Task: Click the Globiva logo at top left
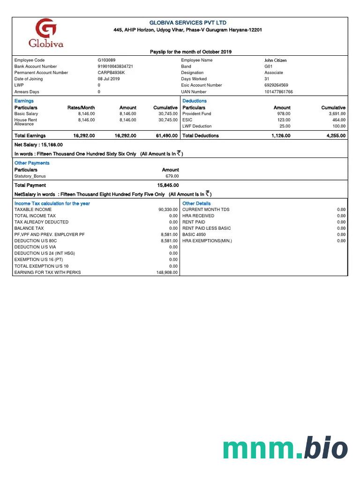[46, 34]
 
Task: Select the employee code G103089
[106, 60]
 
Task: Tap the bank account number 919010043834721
[115, 67]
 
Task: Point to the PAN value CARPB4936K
[111, 73]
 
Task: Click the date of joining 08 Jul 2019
[109, 79]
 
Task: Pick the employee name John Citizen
[276, 60]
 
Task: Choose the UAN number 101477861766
[278, 92]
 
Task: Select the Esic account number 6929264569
[277, 85]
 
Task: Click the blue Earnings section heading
[24, 101]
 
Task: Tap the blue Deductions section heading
[195, 101]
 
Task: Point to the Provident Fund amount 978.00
[284, 114]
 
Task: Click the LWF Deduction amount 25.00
[285, 126]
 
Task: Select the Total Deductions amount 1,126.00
[281, 135]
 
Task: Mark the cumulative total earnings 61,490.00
[167, 135]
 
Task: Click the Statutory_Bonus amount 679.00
[172, 176]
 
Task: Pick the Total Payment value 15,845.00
[168, 185]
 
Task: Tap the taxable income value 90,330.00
[168, 210]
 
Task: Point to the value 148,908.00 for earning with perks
[167, 272]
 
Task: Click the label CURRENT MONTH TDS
[206, 210]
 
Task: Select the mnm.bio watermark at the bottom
[285, 448]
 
